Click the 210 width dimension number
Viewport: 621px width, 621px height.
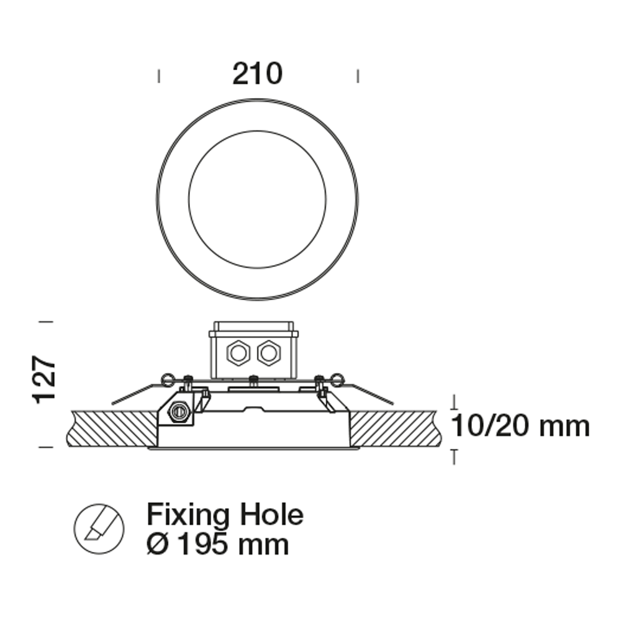[x=257, y=74]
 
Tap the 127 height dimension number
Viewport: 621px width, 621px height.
[x=45, y=380]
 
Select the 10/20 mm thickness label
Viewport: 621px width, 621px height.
[x=519, y=427]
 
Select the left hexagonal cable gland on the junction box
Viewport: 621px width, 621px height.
[x=238, y=353]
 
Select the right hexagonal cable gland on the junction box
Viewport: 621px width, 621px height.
[x=268, y=353]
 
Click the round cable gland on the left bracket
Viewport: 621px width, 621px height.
[x=179, y=410]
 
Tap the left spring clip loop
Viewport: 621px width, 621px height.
[x=166, y=378]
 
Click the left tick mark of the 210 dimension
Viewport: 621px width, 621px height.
[x=159, y=76]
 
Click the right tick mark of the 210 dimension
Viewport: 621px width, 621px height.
[x=358, y=76]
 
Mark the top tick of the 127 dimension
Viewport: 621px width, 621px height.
[x=45, y=322]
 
